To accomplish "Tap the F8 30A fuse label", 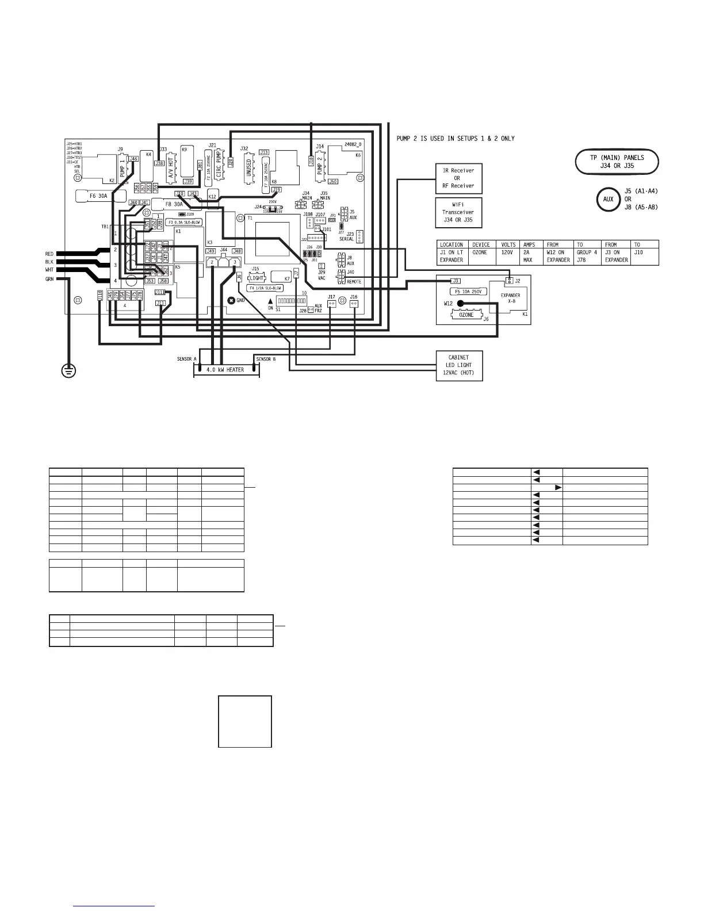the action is click(174, 204).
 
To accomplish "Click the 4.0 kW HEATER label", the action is click(225, 370).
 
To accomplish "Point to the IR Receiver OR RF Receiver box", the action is click(458, 178).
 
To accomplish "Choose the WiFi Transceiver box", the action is click(458, 212).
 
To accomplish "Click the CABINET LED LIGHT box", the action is click(459, 365).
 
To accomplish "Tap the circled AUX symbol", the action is click(609, 200).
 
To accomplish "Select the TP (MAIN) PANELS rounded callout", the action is click(617, 162).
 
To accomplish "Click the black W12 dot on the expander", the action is click(460, 303).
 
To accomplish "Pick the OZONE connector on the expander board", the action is click(466, 315).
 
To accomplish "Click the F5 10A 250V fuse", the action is click(467, 292).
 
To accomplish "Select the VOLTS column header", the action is click(508, 244).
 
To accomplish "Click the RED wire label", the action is click(49, 254).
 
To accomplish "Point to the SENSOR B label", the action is click(265, 359).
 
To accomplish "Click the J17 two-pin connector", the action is click(331, 304).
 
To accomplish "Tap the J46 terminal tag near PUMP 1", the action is click(133, 159).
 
